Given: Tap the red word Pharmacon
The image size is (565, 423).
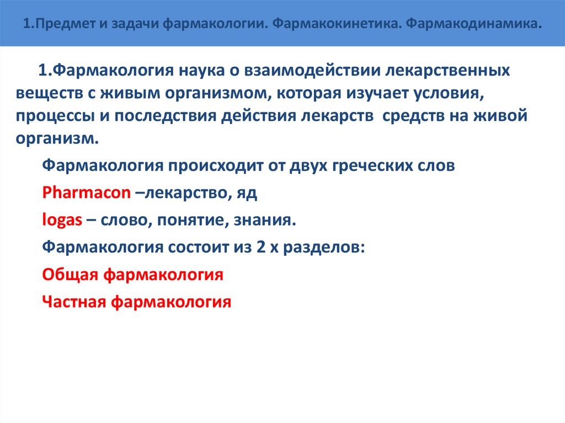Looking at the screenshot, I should [87, 193].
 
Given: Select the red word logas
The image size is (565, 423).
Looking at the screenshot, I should [62, 221].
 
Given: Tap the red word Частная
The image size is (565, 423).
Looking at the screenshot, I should [75, 302].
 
